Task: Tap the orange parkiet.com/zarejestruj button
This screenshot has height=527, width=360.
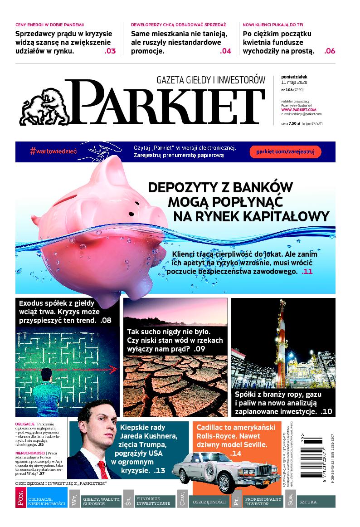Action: tap(285, 151)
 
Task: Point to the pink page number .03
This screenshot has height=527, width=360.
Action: tap(110, 51)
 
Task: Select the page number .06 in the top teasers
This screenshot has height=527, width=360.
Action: tap(330, 51)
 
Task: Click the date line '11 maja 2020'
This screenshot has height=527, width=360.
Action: tap(294, 82)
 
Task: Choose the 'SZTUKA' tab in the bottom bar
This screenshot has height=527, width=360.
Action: tap(308, 502)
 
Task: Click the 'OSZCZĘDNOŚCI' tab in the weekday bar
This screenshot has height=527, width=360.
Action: tap(209, 502)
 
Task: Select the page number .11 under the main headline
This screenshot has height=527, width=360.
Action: tap(307, 272)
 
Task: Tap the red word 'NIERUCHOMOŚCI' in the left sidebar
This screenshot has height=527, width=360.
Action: tap(30, 453)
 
